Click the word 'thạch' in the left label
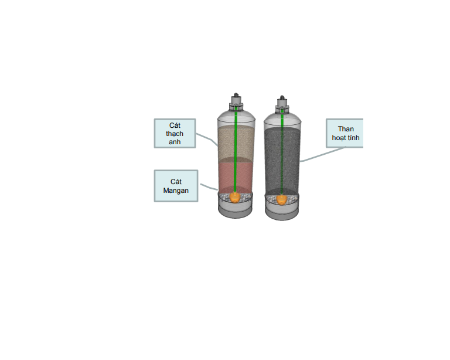coord(175,134)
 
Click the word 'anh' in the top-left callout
coord(175,142)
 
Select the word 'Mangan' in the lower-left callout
coord(176,190)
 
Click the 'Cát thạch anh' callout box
coord(175,134)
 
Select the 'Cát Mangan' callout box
coord(176,186)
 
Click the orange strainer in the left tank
coord(235,197)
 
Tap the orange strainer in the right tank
coord(282,199)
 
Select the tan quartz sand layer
coord(226,144)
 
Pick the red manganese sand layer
coord(226,176)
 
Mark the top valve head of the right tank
coord(282,99)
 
